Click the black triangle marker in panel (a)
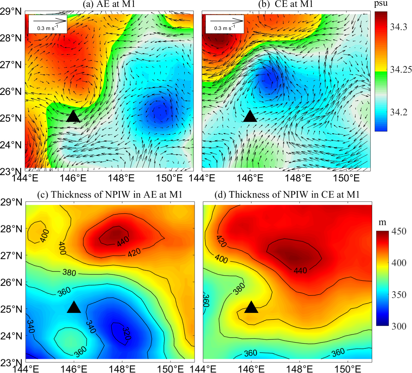[73, 116]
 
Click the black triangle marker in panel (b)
[250, 116]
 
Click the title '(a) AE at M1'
[109, 4]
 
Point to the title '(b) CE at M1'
[286, 4]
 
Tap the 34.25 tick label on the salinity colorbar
[401, 70]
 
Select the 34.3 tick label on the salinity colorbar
[398, 27]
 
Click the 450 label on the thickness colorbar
[399, 231]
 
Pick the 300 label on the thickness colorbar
[399, 326]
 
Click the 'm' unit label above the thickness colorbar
[382, 222]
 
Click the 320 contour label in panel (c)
[126, 334]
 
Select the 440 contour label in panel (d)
[300, 271]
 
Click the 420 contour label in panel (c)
[134, 253]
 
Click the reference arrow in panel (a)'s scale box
[50, 21]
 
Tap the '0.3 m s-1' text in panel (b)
[225, 28]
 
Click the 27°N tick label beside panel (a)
[11, 65]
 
